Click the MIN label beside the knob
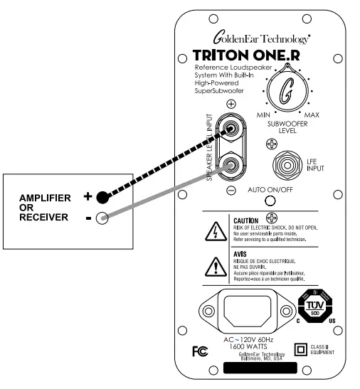click(263, 114)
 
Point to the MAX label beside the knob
click(312, 114)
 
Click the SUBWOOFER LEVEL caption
click(287, 127)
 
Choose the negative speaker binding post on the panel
click(231, 169)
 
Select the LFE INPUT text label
click(314, 166)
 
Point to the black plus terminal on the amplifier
click(102, 197)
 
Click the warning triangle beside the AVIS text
click(213, 265)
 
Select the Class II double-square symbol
click(300, 348)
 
